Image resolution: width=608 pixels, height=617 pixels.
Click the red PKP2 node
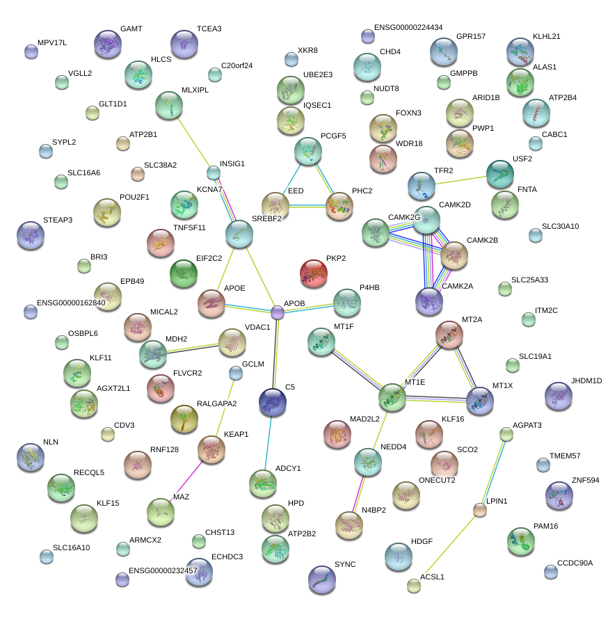coord(313,273)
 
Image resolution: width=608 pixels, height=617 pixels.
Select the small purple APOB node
coord(278,312)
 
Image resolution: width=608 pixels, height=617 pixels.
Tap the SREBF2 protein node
coord(239,234)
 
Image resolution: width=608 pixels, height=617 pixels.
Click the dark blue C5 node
coord(272,402)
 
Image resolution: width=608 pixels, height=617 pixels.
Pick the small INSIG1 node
coord(214,173)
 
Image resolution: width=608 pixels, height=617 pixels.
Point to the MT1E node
coord(392,396)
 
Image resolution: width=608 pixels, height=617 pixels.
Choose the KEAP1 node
coord(211,449)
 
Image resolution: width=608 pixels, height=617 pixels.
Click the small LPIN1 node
coord(479,510)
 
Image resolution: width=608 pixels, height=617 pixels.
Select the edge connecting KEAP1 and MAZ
coord(186,481)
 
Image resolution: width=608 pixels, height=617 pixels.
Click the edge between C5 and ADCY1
coord(268,441)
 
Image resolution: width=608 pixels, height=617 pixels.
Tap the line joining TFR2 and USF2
coord(461,179)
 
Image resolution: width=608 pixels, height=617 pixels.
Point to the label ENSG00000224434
coord(408,28)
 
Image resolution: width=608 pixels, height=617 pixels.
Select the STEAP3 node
coord(30,235)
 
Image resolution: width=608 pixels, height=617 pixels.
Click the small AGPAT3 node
coord(506,435)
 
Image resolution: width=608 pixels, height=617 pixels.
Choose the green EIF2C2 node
coord(184,273)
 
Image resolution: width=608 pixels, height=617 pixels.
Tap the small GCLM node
coord(236,374)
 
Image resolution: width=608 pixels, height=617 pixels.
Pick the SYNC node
coord(321,578)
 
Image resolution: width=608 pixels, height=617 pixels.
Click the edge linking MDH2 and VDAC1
coord(193,348)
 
